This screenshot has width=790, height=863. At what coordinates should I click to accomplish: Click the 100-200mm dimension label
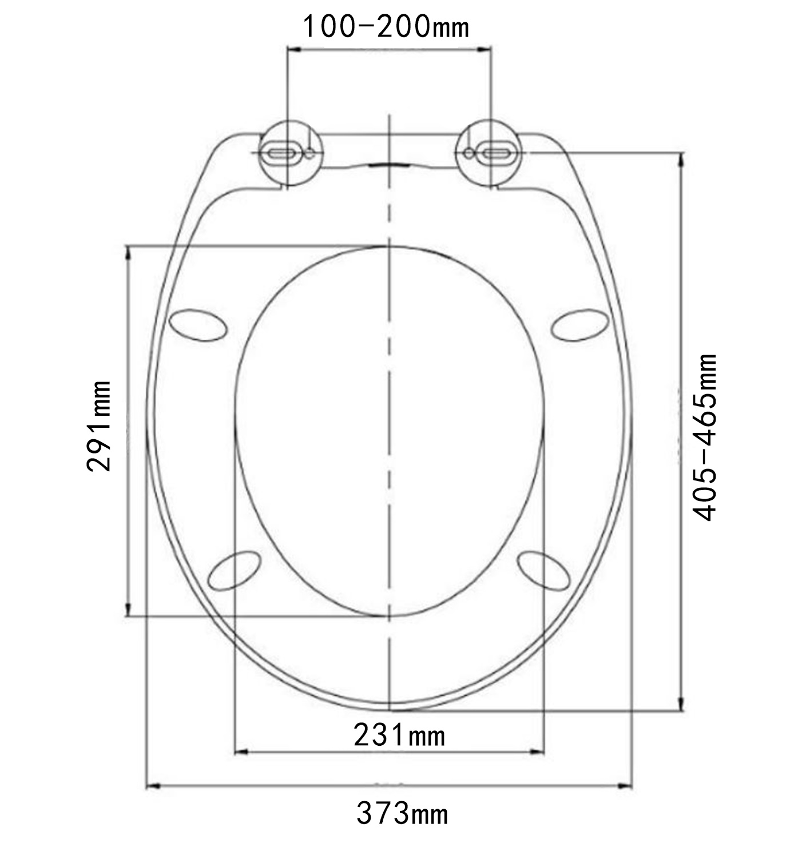click(x=386, y=27)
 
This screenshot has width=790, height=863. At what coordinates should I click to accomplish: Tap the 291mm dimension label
click(x=99, y=426)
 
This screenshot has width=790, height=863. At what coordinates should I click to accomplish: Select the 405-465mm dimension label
click(x=704, y=438)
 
